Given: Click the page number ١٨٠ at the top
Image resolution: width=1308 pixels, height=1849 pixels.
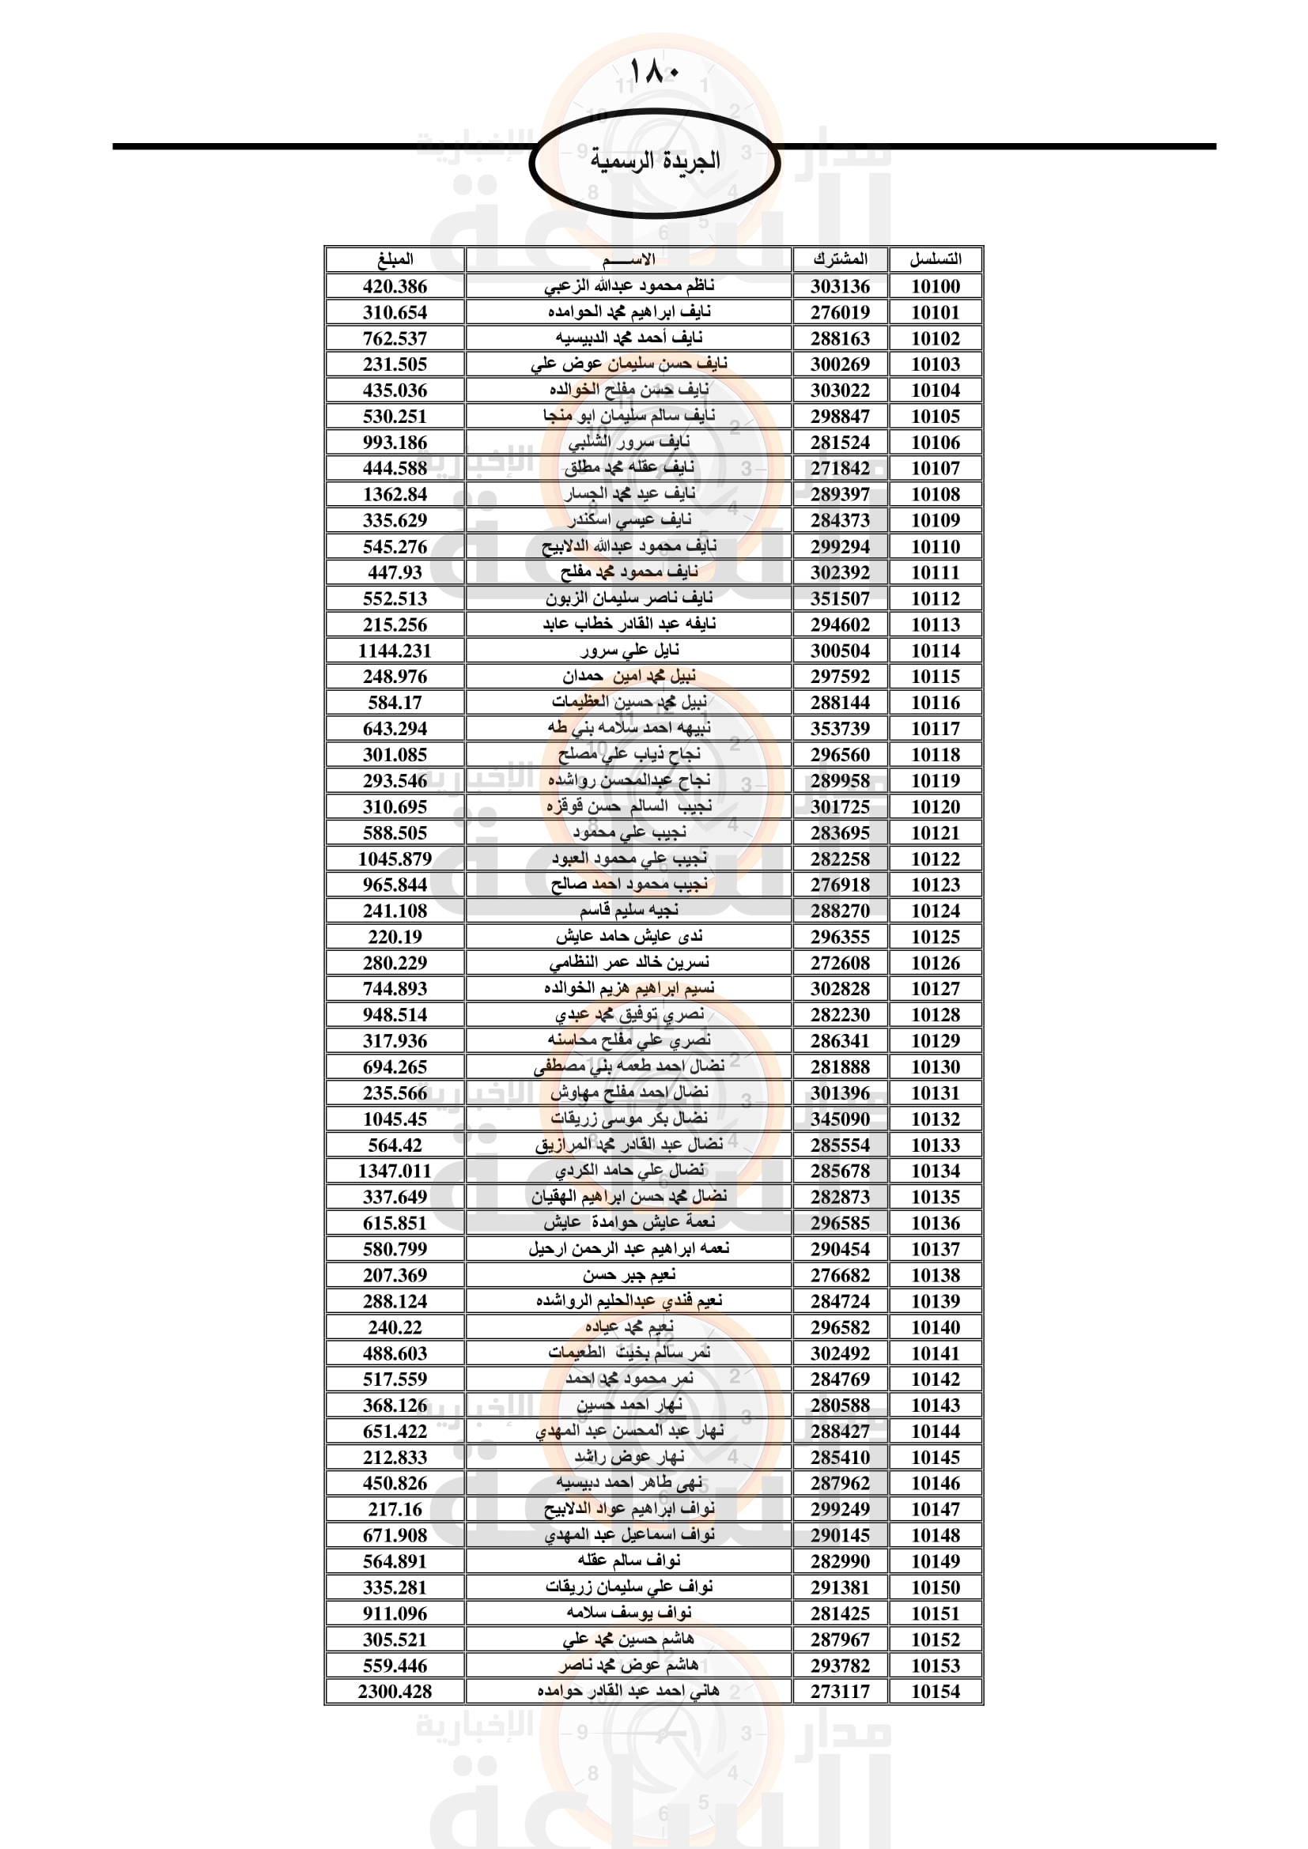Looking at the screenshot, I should pyautogui.click(x=653, y=72).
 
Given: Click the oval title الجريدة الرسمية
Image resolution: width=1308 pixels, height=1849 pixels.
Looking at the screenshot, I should pyautogui.click(x=654, y=161).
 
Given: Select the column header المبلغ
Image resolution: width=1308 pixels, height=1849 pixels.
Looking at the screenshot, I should pyautogui.click(x=395, y=259).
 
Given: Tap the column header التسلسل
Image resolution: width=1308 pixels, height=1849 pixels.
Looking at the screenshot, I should pyautogui.click(x=935, y=259).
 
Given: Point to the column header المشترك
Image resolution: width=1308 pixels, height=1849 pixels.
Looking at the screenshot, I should pyautogui.click(x=840, y=259).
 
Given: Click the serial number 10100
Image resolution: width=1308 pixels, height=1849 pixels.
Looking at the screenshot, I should pyautogui.click(x=935, y=287).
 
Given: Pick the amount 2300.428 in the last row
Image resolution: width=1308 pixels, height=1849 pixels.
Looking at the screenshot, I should pyautogui.click(x=395, y=1691).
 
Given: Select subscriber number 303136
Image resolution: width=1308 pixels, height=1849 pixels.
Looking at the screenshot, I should pyautogui.click(x=840, y=287).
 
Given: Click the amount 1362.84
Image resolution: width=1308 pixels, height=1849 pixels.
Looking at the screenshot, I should pyautogui.click(x=395, y=494).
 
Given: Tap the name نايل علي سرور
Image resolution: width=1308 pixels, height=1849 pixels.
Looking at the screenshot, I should pyautogui.click(x=629, y=650).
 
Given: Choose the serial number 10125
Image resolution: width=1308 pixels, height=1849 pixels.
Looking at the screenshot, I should pyautogui.click(x=935, y=937).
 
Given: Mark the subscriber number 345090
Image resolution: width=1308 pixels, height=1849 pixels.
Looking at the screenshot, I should pyautogui.click(x=840, y=1119).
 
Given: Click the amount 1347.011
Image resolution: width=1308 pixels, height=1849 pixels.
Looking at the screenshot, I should pyautogui.click(x=395, y=1171).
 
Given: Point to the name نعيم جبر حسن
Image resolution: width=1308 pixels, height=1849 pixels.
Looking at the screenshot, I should pyautogui.click(x=629, y=1275).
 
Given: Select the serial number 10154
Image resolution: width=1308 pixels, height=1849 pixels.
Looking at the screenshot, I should pyautogui.click(x=935, y=1691).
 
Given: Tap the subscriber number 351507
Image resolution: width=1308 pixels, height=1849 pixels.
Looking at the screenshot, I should pyautogui.click(x=840, y=598).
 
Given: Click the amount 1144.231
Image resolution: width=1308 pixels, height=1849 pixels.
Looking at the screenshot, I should pyautogui.click(x=395, y=651).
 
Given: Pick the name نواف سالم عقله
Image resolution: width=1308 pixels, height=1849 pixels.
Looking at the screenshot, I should pyautogui.click(x=629, y=1560).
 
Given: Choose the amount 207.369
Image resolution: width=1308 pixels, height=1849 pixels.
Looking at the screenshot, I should pyautogui.click(x=395, y=1275).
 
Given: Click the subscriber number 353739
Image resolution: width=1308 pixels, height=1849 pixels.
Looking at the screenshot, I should pyautogui.click(x=840, y=729).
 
